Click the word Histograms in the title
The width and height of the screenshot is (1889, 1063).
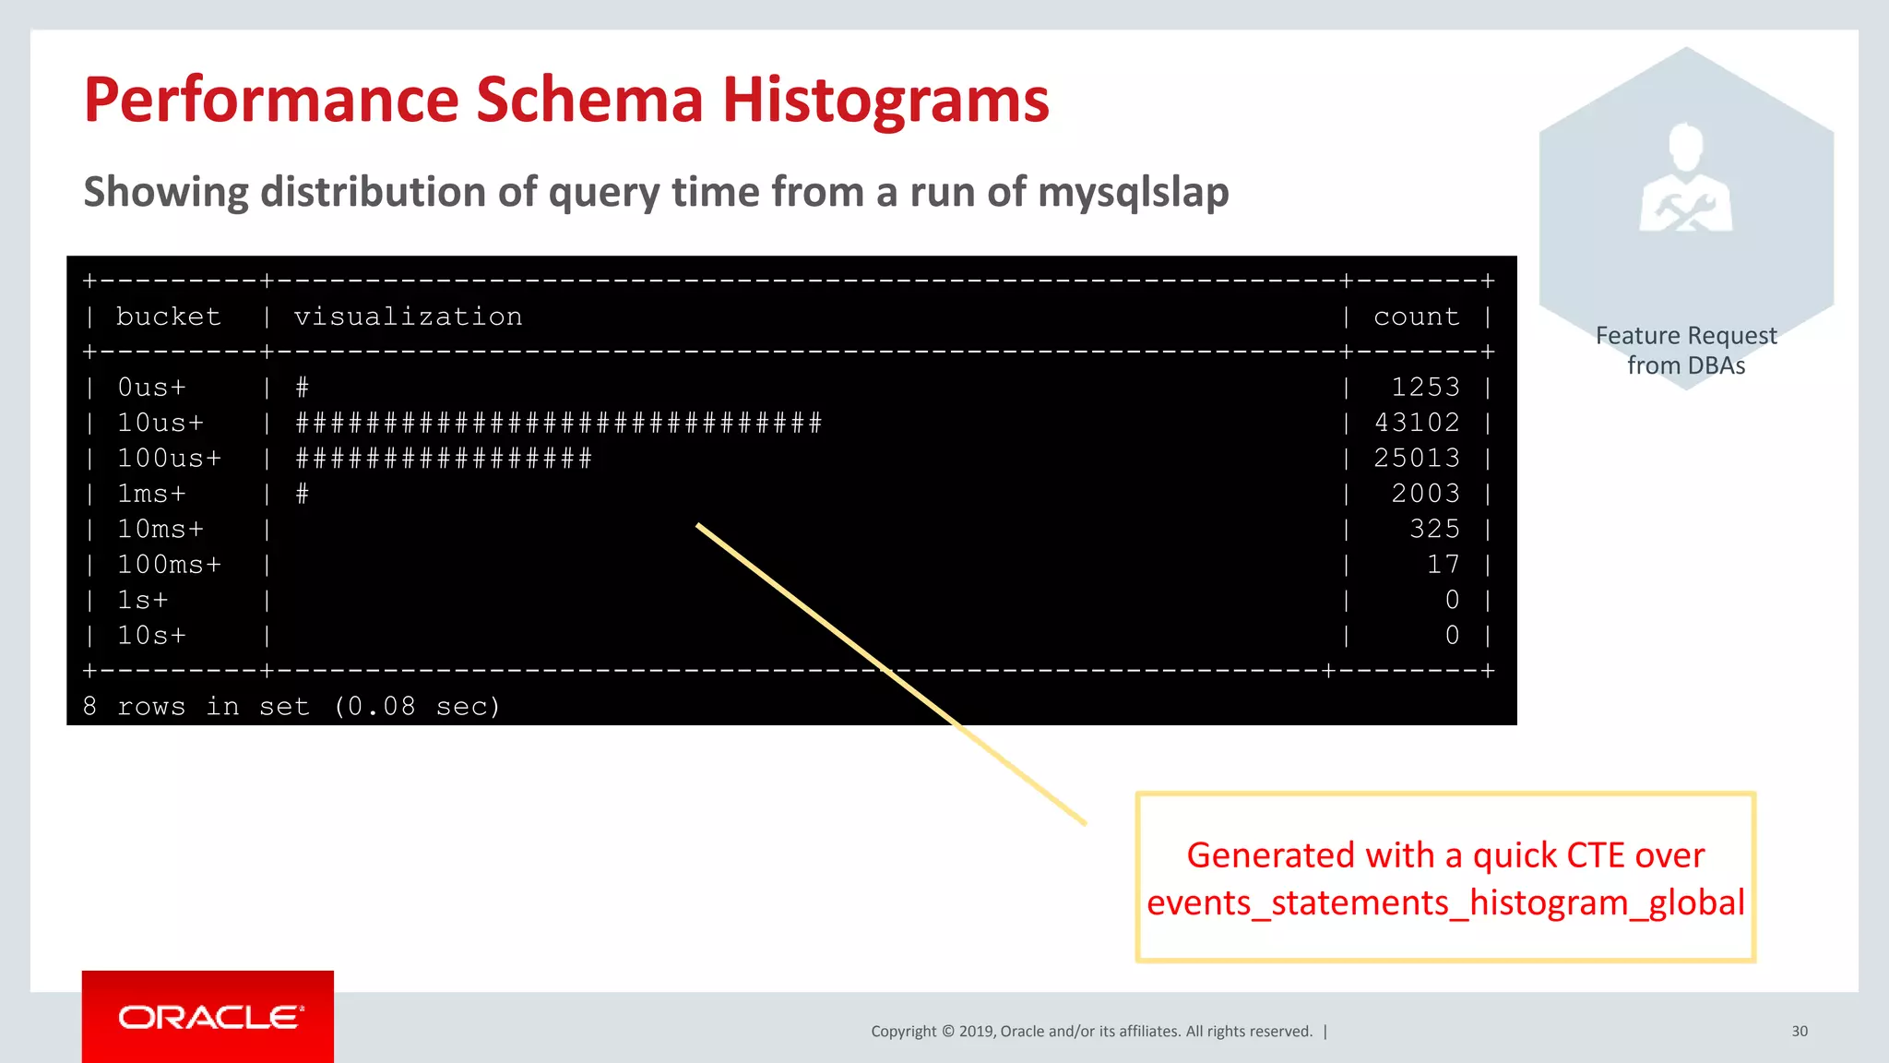pyautogui.click(x=885, y=100)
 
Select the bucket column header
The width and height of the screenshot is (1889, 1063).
pyautogui.click(x=168, y=317)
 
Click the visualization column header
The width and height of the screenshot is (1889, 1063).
pyautogui.click(x=408, y=317)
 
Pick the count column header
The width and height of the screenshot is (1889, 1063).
pyautogui.click(x=1416, y=317)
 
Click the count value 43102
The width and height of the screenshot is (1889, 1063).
pyautogui.click(x=1417, y=423)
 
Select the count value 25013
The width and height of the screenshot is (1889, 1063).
pyautogui.click(x=1417, y=458)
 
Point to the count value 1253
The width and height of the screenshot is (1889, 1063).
pyautogui.click(x=1425, y=387)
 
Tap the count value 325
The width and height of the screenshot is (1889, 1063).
pyautogui.click(x=1434, y=529)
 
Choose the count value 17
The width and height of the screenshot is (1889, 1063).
pyautogui.click(x=1443, y=564)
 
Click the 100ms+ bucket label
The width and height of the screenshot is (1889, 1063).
pyautogui.click(x=169, y=564)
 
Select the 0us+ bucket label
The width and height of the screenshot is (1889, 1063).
pyautogui.click(x=151, y=387)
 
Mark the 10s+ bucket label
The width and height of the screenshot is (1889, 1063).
pyautogui.click(x=151, y=635)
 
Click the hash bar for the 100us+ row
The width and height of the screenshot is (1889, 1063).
pyautogui.click(x=443, y=458)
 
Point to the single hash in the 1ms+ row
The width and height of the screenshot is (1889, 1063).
pyautogui.click(x=302, y=494)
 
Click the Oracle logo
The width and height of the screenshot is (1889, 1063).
pyautogui.click(x=208, y=1017)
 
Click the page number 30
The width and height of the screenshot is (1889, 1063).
pyautogui.click(x=1799, y=1031)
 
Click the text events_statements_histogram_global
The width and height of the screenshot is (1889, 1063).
pyautogui.click(x=1445, y=902)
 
